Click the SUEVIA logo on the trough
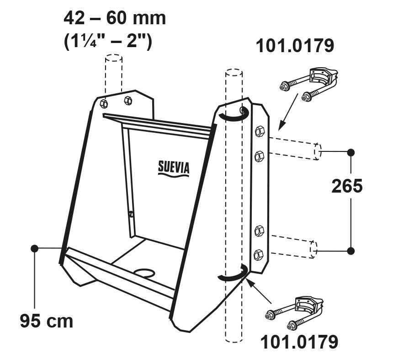point(174,168)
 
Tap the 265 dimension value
point(347,186)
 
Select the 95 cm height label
point(47,321)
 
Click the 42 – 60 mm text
point(115,18)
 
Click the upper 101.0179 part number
point(295,46)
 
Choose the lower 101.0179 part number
point(299,342)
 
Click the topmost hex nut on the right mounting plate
point(259,132)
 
